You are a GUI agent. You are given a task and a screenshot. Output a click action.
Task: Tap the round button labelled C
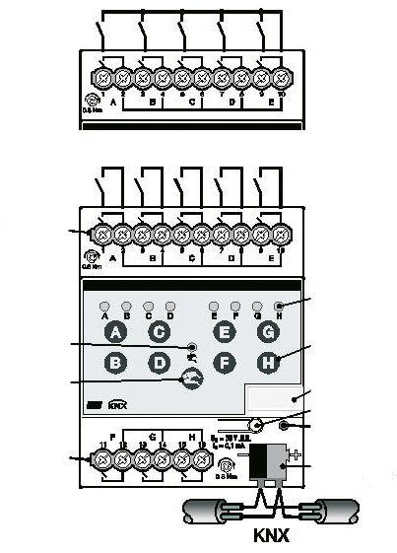(x=160, y=333)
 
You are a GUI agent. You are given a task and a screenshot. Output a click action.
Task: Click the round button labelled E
(x=224, y=333)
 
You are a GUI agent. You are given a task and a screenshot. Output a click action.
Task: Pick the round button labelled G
(x=267, y=333)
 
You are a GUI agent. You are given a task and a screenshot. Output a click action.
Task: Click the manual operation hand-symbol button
(x=191, y=380)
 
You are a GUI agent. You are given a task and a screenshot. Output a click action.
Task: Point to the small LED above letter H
(x=279, y=307)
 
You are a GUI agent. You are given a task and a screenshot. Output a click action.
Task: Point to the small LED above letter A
(x=104, y=307)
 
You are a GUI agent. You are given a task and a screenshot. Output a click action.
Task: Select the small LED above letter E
(x=214, y=307)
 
